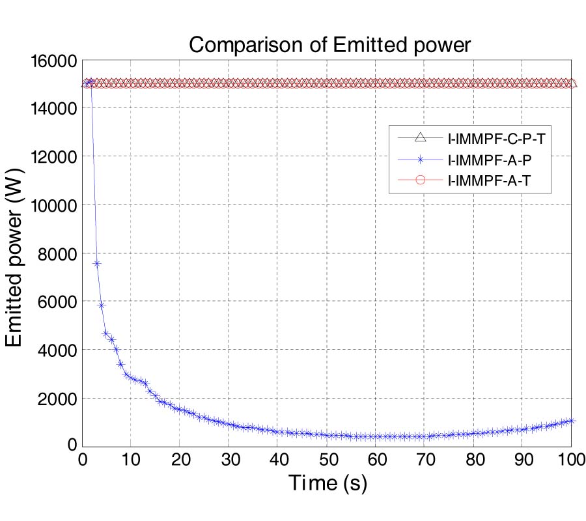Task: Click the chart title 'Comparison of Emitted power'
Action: (x=328, y=44)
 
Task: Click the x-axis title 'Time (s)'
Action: (x=328, y=483)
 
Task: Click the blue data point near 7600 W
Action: (x=97, y=263)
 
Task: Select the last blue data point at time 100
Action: (x=571, y=421)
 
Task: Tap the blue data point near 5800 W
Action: (x=102, y=305)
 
